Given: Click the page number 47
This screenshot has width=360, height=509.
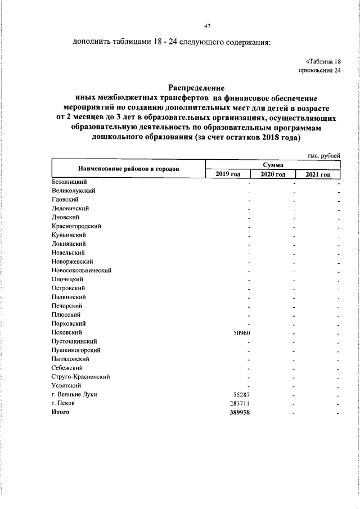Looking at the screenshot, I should point(206,25).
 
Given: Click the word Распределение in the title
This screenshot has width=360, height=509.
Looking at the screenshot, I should point(196,88).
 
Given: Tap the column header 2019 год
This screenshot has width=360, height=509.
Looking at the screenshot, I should point(228,175).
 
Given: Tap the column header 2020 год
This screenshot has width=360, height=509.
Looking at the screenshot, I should point(273,175).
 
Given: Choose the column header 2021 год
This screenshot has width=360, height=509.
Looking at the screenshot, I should point(318,175).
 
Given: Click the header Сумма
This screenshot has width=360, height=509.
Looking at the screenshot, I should point(273,165).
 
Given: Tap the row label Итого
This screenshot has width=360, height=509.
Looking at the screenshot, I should point(60,412).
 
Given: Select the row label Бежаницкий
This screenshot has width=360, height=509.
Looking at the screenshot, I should point(69,182).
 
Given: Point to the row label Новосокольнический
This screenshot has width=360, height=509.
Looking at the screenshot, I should point(81,271).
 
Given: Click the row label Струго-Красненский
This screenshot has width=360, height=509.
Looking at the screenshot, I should point(80,377).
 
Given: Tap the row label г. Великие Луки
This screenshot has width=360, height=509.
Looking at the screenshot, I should point(74,395).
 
